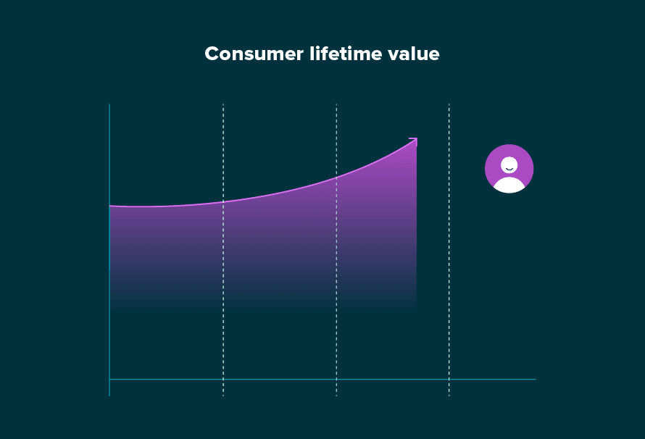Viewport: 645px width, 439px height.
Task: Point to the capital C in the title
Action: [x=212, y=54]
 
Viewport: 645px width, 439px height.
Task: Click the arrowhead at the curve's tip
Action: [x=415, y=140]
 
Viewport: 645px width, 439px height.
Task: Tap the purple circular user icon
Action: [x=509, y=169]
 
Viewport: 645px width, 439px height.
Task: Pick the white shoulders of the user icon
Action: [x=509, y=185]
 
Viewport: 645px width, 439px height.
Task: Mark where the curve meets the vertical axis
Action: [x=109, y=206]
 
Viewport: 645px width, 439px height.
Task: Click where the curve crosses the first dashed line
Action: [x=223, y=201]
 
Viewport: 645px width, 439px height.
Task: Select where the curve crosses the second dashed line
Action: [x=336, y=177]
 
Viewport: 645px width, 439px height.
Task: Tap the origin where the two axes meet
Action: [x=109, y=379]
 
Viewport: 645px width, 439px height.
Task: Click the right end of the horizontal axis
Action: [x=535, y=379]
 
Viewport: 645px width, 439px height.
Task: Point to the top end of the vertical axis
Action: [x=109, y=105]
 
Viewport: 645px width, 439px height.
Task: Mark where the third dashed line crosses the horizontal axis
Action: [x=449, y=379]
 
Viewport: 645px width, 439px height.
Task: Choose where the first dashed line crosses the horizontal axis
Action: [x=223, y=379]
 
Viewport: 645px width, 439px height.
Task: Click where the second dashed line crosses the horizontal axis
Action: [x=336, y=379]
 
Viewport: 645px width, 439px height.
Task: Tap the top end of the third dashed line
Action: [x=449, y=106]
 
